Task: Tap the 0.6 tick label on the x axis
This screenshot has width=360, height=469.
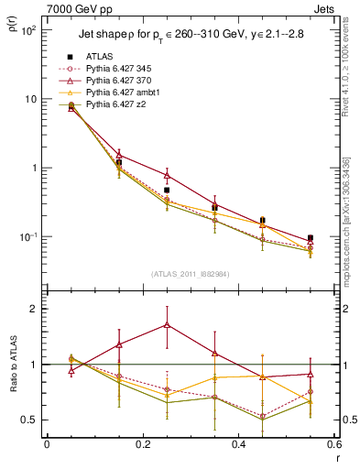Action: click(333, 444)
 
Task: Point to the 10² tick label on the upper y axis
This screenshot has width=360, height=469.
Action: click(29, 30)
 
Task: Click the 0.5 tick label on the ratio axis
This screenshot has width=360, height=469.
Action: click(27, 420)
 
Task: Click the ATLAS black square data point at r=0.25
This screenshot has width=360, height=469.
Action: click(167, 191)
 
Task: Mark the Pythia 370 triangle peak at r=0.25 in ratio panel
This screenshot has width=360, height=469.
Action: click(167, 324)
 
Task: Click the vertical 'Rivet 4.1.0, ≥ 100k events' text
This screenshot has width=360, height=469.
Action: click(345, 78)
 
